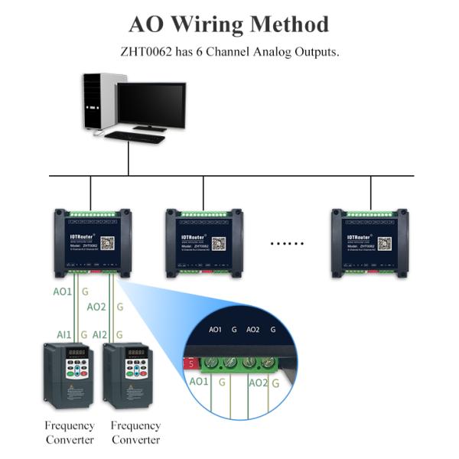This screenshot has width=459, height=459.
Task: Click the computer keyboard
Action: click(135, 137)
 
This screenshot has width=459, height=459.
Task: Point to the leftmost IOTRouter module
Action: click(91, 243)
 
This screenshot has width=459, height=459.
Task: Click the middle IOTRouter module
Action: click(203, 243)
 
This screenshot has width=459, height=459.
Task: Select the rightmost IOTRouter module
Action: click(369, 243)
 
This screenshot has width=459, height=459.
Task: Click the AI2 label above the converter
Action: click(99, 335)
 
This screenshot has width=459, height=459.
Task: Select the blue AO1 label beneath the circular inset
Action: click(199, 381)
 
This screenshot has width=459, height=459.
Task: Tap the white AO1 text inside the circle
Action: click(215, 330)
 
